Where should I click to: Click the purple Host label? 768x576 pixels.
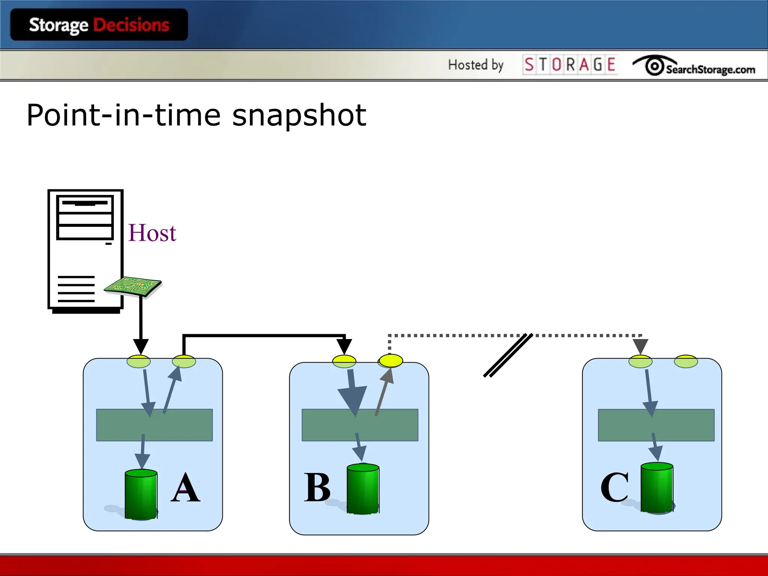point(152,233)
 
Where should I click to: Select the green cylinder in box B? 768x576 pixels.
point(363,489)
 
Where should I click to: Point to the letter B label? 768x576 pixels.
point(317,487)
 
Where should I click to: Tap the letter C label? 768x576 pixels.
point(614,487)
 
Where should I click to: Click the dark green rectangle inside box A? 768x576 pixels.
point(154,425)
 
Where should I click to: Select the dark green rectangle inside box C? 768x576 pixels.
point(656,425)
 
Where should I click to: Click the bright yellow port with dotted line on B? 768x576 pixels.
point(391,361)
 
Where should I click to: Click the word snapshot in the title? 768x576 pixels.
point(299,115)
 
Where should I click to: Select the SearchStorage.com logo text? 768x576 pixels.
point(710,70)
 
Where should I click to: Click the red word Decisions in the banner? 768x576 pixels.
point(131,25)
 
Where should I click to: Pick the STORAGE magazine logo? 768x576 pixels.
point(570,64)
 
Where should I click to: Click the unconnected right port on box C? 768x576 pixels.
point(686,361)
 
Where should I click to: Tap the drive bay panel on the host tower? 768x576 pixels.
point(85,217)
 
